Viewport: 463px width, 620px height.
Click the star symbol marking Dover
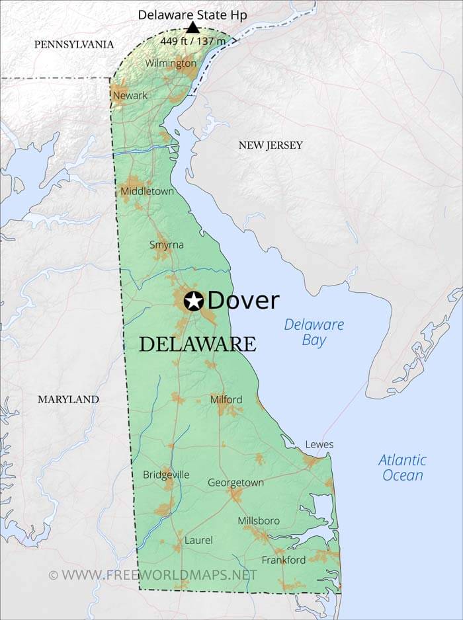[194, 301]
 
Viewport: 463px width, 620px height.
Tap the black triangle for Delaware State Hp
[192, 27]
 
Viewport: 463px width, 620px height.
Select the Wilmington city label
[171, 63]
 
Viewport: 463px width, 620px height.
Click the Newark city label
[130, 96]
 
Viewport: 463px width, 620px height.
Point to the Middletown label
[147, 192]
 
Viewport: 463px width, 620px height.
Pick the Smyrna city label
[167, 245]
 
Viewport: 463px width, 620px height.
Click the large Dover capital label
[243, 301]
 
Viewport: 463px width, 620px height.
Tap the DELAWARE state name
[197, 344]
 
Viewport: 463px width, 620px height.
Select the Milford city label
[226, 400]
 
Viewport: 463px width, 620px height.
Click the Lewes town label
[319, 445]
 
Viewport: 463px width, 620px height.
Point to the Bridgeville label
[166, 475]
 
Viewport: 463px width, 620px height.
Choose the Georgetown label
[235, 483]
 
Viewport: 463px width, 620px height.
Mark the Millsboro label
[259, 521]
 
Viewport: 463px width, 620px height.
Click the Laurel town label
[198, 541]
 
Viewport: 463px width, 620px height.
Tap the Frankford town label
[284, 560]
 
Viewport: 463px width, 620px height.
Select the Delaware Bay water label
[314, 332]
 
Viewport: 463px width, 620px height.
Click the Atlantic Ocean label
[402, 467]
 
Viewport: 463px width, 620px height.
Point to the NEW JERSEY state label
[271, 145]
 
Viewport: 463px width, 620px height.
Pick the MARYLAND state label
[68, 399]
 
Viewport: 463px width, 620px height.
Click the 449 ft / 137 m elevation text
[193, 41]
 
